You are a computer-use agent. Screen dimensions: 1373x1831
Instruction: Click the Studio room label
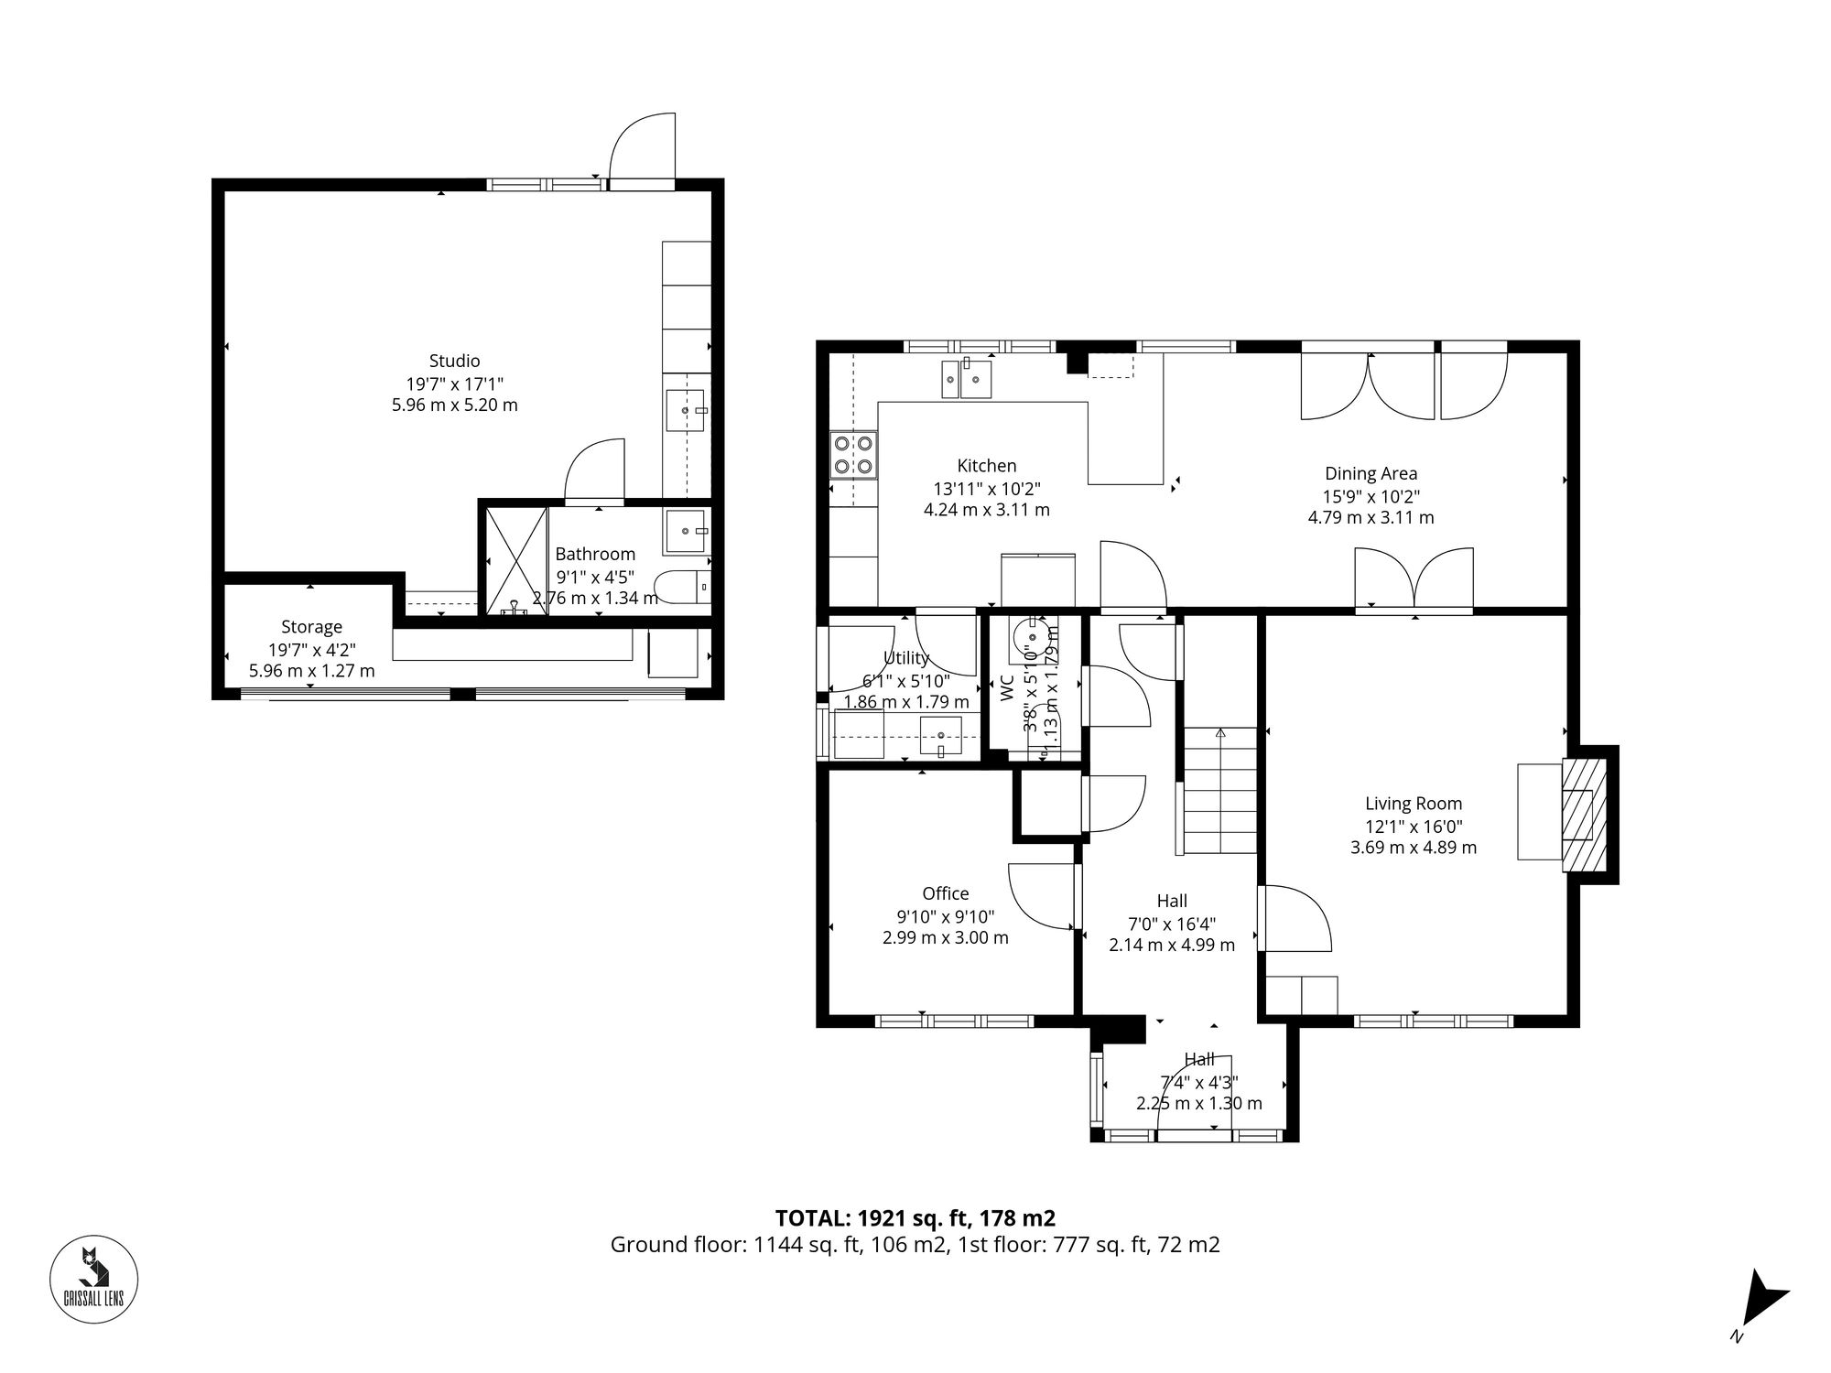click(454, 361)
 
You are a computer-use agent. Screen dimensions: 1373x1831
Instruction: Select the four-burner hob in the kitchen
click(853, 456)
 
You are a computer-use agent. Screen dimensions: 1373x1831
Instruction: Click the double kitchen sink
click(967, 379)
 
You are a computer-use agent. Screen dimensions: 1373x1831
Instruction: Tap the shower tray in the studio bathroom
click(515, 561)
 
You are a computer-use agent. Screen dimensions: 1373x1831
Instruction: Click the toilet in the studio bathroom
click(682, 586)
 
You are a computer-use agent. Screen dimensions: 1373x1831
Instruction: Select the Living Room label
click(1414, 804)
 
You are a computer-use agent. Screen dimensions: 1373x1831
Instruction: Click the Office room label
click(946, 893)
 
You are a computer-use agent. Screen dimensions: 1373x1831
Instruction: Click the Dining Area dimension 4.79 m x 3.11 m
click(1371, 517)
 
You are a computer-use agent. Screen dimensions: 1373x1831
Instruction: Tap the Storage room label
click(311, 627)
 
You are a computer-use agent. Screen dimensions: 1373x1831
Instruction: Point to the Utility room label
click(905, 658)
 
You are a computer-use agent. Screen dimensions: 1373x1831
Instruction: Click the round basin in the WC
click(1032, 637)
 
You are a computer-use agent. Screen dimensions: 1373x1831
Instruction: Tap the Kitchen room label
click(987, 466)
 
